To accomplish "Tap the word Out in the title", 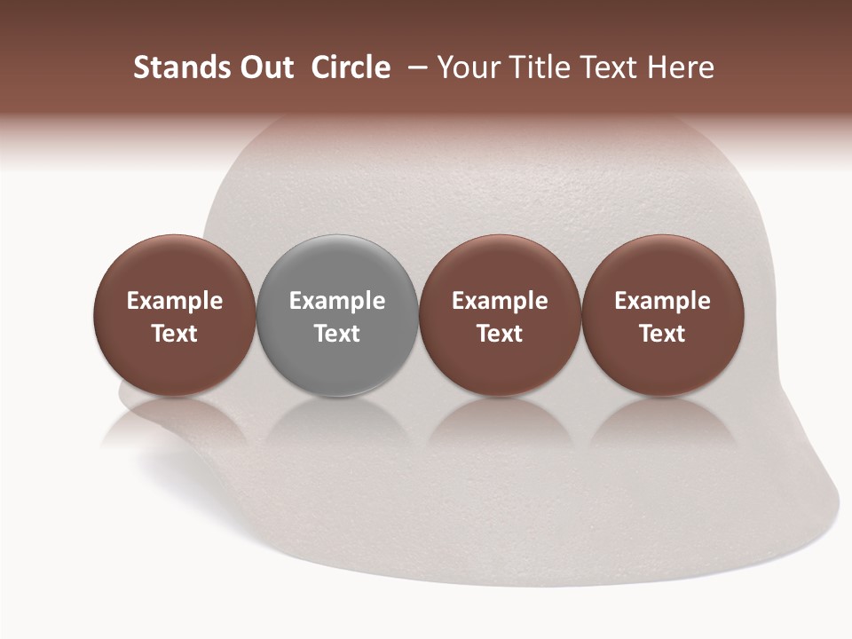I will point(265,67).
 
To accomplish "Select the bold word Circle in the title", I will point(351,67).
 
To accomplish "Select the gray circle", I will point(337,315).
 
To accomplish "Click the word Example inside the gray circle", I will point(337,301).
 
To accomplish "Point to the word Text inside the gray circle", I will point(337,334).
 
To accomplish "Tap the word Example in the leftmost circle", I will point(174,301).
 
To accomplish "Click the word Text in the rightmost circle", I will point(663,334).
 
